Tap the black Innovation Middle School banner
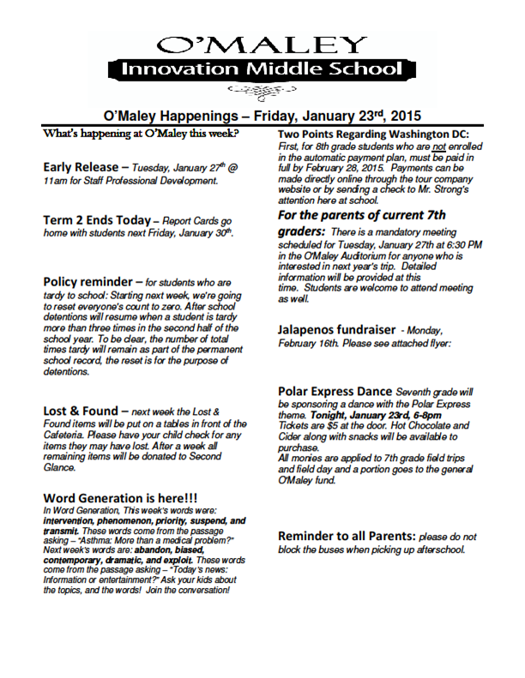(262, 69)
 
